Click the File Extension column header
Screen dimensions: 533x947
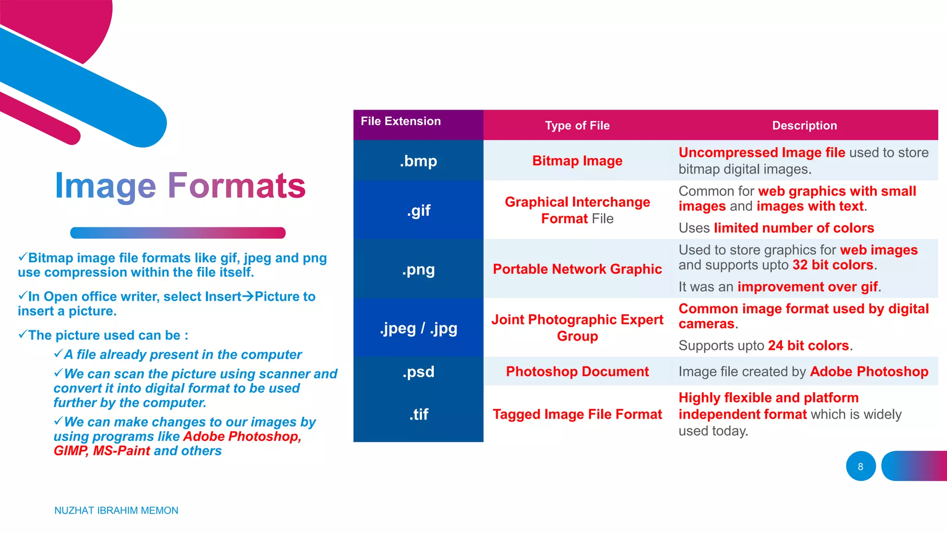(x=400, y=121)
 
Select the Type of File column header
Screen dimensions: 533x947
(x=577, y=125)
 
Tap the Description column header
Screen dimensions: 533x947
(x=804, y=125)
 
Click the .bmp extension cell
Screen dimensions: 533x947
(x=418, y=161)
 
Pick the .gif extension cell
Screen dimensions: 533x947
(x=418, y=211)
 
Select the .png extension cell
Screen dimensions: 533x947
(x=418, y=269)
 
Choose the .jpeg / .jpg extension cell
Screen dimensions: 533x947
(x=418, y=328)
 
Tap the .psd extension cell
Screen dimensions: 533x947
(x=418, y=372)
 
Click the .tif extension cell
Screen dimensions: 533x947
(x=418, y=414)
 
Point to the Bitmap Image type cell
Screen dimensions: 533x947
(x=577, y=161)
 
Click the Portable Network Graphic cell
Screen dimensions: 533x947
(x=577, y=269)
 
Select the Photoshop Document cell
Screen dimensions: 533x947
(x=577, y=372)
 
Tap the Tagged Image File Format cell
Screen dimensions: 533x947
(x=577, y=414)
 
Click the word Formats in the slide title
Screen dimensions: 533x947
(x=236, y=186)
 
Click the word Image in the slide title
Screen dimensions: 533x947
(x=105, y=186)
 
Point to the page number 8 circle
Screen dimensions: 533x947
(x=861, y=466)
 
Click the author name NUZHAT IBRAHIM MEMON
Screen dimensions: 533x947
(x=116, y=510)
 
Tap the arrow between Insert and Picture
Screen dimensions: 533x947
(x=248, y=296)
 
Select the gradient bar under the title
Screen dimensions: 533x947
(x=178, y=233)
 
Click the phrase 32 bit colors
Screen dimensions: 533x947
(x=833, y=265)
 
